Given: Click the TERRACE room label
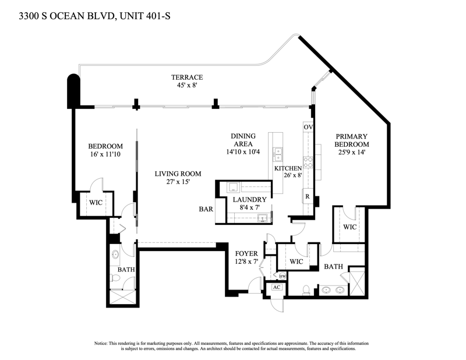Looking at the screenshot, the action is click(x=187, y=77).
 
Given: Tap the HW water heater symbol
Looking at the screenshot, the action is click(x=283, y=276).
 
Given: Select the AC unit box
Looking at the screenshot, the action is click(x=277, y=287).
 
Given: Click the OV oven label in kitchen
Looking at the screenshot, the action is click(x=308, y=127).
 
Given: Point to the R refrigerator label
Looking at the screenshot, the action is click(x=308, y=196).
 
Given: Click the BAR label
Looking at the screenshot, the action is click(x=206, y=209).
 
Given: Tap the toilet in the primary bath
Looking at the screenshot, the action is click(x=306, y=290).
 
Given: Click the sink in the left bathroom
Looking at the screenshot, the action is click(x=115, y=255).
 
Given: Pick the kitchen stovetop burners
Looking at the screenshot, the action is click(x=308, y=162).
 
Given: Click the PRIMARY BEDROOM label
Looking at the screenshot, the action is click(x=352, y=140).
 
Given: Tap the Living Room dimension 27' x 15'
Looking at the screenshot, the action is click(x=178, y=182).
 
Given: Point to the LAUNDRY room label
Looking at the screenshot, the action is click(x=250, y=199).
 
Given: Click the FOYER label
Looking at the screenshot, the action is click(x=246, y=253).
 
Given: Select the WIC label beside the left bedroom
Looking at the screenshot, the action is click(x=96, y=203).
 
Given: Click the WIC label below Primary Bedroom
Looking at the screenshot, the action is click(x=350, y=227).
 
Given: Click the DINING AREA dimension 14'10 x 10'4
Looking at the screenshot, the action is click(x=243, y=151).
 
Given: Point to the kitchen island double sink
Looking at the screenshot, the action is click(x=278, y=154).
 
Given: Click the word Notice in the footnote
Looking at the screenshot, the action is click(x=100, y=343).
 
